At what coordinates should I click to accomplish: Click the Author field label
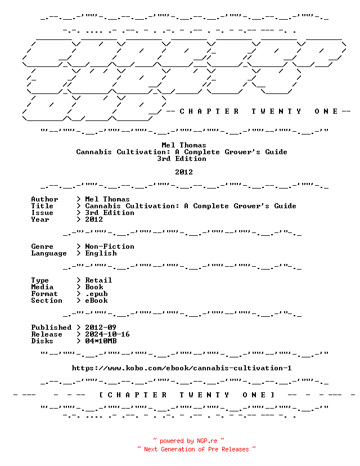coord(44,199)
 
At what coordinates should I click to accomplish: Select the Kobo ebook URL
coord(182,368)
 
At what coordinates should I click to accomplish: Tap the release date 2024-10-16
coord(107,334)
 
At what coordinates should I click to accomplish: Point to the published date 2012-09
coord(100,327)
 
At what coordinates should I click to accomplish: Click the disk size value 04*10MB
coord(101,341)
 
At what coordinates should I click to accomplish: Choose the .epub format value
coord(96,294)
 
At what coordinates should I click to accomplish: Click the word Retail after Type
coord(98,280)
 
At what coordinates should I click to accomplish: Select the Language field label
coord(49,253)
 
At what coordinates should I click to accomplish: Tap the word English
coord(101,253)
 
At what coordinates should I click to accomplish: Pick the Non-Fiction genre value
coord(110,247)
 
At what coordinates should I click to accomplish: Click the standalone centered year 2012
coord(183,172)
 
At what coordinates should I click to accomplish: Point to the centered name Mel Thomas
coord(183,145)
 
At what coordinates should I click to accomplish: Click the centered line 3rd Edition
coord(182,158)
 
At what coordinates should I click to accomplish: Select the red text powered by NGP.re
coord(188,441)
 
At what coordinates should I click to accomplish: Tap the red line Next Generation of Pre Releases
coord(196,449)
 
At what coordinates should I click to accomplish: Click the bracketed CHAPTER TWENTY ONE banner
coord(186,395)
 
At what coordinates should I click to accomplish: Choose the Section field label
coord(47,301)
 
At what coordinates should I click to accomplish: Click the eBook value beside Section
coord(96,301)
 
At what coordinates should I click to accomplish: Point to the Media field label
coord(42,287)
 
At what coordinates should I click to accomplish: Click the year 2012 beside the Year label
coord(94,219)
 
